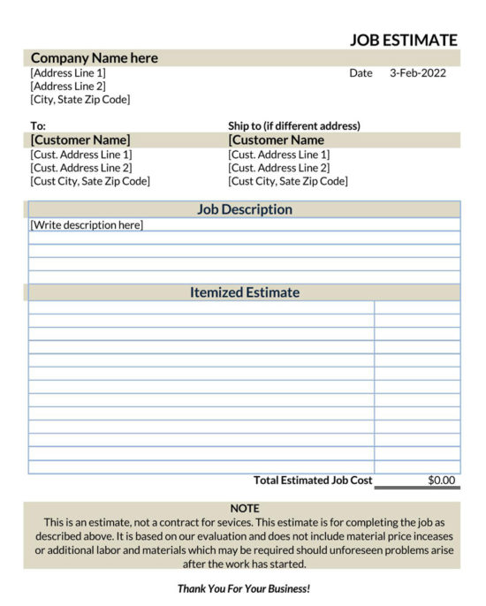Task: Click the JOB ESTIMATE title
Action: tap(403, 40)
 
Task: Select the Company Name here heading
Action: tap(95, 58)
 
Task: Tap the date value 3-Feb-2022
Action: tap(418, 73)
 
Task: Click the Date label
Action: tap(361, 73)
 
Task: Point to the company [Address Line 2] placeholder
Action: tap(68, 87)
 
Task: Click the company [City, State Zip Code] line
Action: tap(80, 100)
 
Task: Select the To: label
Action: tap(38, 126)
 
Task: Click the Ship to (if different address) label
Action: tap(294, 126)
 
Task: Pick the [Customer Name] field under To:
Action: tap(80, 140)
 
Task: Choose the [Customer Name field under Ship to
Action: tap(276, 140)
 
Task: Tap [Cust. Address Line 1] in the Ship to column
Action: tap(278, 155)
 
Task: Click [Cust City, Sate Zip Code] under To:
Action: tap(90, 181)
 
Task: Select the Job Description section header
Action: tap(244, 209)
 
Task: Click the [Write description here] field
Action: tap(87, 225)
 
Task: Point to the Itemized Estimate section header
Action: tap(244, 292)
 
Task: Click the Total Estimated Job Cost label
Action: tap(313, 481)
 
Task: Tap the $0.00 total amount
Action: tap(442, 481)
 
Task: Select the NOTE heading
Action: tap(244, 508)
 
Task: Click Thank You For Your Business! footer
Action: tap(244, 587)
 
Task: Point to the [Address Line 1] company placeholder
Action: tap(68, 73)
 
